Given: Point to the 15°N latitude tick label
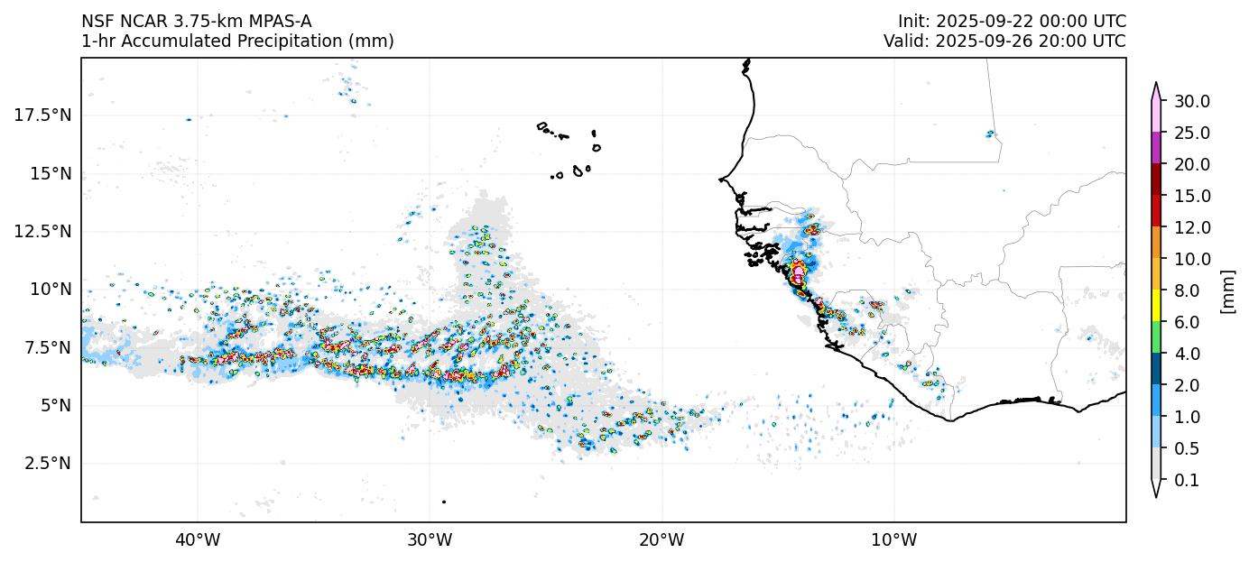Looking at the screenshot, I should click(x=50, y=173).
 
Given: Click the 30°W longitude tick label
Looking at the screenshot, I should click(x=429, y=540).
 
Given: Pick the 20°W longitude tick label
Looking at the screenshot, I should click(x=662, y=540).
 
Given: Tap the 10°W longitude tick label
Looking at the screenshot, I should click(x=893, y=540).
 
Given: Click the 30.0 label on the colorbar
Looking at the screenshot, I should click(x=1191, y=101).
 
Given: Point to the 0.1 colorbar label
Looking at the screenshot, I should click(x=1187, y=480).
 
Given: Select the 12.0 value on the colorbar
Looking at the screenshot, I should click(x=1191, y=227).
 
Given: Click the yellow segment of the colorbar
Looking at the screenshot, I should click(x=1155, y=306).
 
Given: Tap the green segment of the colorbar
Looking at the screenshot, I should click(x=1155, y=337).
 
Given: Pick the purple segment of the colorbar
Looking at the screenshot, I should click(x=1155, y=148).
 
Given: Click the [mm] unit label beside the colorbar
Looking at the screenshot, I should click(x=1226, y=290).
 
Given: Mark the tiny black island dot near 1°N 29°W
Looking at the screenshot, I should click(x=444, y=502).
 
